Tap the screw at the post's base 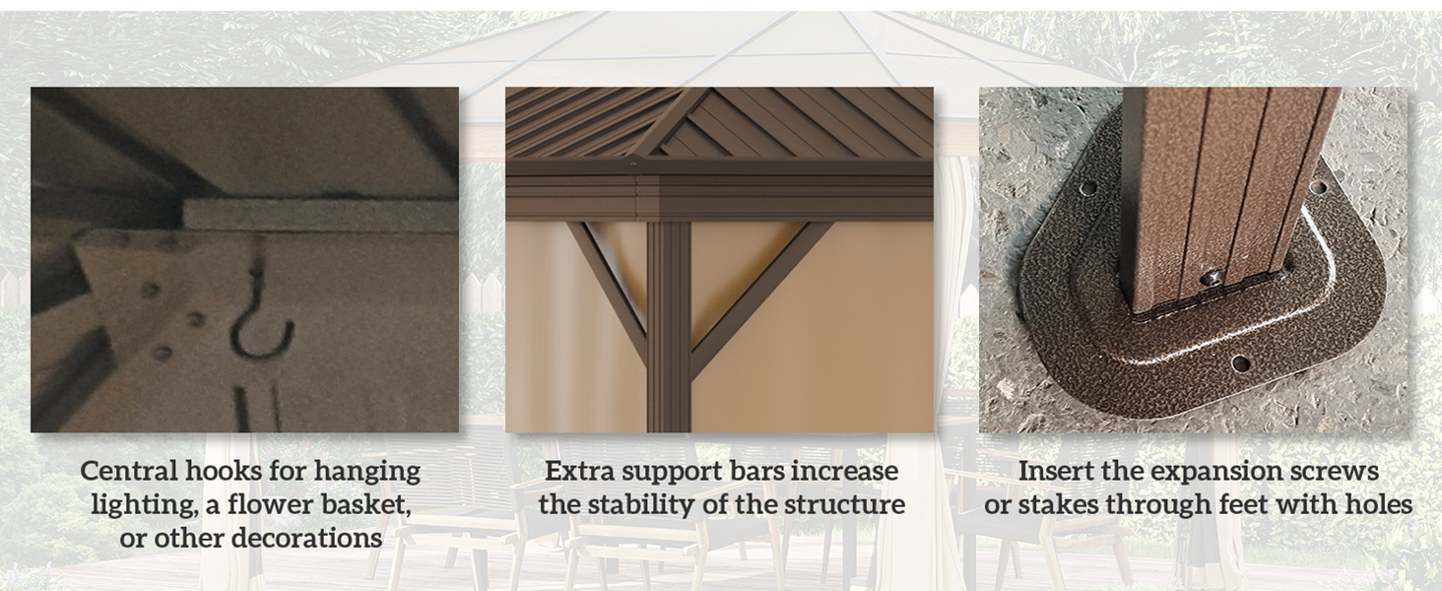pyautogui.click(x=1215, y=279)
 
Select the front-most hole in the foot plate pyautogui.click(x=1240, y=364)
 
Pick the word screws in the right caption pyautogui.click(x=1339, y=471)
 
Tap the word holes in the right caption pyautogui.click(x=1376, y=505)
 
